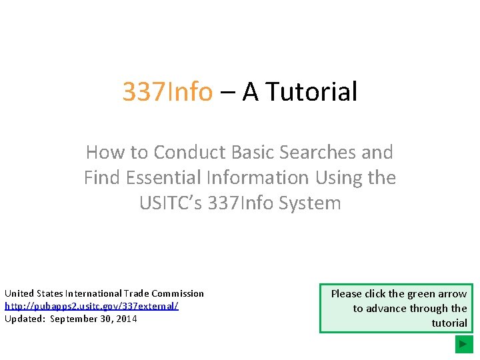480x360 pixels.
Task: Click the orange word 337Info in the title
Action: click(167, 92)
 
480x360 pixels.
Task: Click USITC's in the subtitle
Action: click(171, 203)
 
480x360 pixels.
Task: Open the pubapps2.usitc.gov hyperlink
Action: click(91, 306)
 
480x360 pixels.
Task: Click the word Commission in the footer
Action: click(177, 293)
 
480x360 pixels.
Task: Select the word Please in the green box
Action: click(347, 293)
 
